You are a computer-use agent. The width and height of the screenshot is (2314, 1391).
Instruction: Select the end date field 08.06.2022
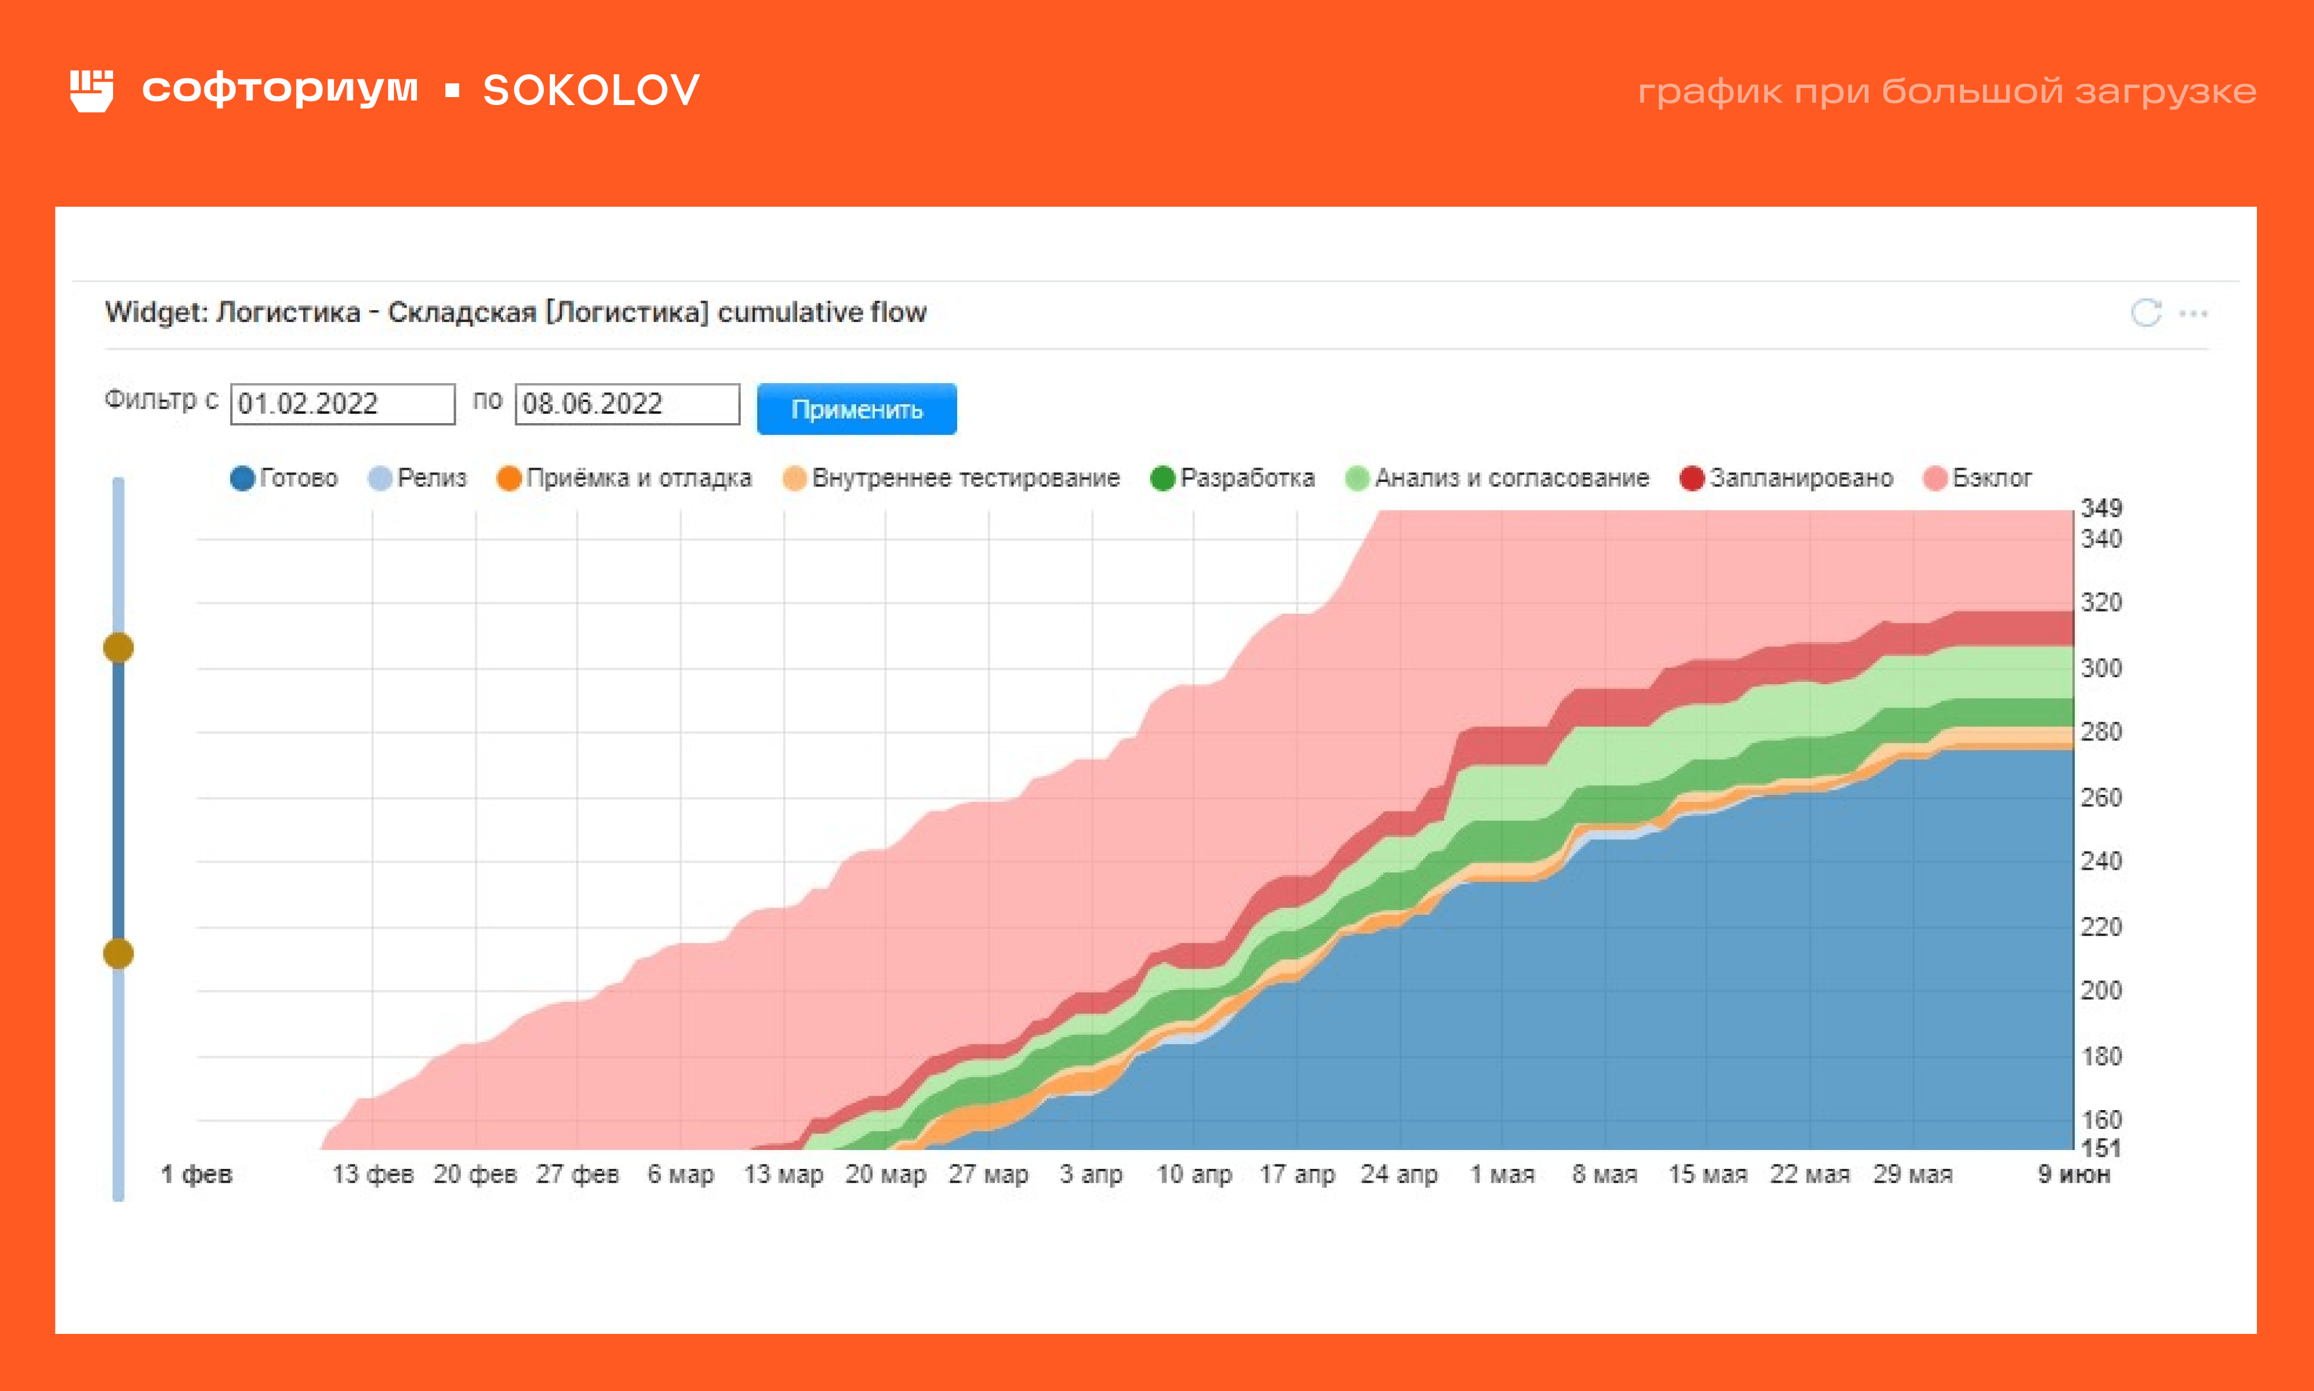pyautogui.click(x=627, y=404)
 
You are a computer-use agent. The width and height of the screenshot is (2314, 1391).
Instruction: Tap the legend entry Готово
pyautogui.click(x=284, y=478)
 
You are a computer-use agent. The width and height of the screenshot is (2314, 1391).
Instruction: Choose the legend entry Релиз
pyautogui.click(x=418, y=478)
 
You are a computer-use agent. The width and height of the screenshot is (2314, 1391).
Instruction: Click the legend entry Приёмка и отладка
pyautogui.click(x=625, y=478)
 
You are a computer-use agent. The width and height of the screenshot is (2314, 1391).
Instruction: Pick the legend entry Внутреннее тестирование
pyautogui.click(x=952, y=478)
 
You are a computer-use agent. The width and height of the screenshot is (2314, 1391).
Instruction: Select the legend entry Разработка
pyautogui.click(x=1234, y=478)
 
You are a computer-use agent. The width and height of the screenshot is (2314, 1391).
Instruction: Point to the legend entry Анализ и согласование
pyautogui.click(x=1498, y=478)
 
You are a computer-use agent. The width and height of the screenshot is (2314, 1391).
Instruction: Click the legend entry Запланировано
pyautogui.click(x=1787, y=478)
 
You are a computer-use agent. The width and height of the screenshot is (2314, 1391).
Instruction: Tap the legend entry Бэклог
pyautogui.click(x=1978, y=478)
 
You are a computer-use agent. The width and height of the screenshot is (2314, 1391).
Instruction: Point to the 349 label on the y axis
pyautogui.click(x=2101, y=508)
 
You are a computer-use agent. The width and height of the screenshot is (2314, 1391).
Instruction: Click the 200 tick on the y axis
pyautogui.click(x=2101, y=991)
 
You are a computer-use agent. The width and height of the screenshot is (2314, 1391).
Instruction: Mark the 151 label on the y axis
pyautogui.click(x=2101, y=1147)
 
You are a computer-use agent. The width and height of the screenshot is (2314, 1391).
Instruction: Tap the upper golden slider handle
pyautogui.click(x=118, y=648)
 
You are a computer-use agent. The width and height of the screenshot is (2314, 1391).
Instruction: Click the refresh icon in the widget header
pyautogui.click(x=2146, y=313)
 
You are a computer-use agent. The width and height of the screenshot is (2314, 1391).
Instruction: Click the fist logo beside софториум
pyautogui.click(x=92, y=91)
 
